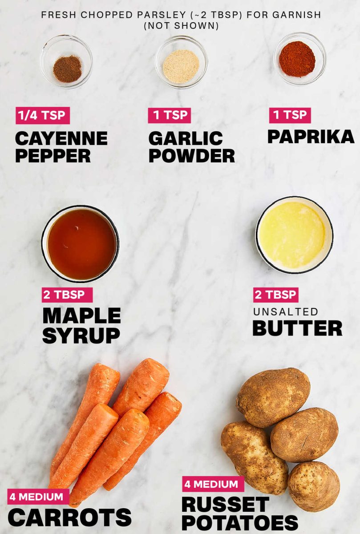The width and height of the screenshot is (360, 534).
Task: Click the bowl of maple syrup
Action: click(x=81, y=244)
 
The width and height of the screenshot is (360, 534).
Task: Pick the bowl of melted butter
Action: click(x=294, y=235)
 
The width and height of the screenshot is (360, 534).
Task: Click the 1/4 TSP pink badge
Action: click(x=43, y=116)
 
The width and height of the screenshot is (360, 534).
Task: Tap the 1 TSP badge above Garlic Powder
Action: click(x=169, y=116)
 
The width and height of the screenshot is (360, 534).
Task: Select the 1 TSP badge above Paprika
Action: click(x=290, y=115)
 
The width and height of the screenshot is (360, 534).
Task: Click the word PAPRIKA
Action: click(x=311, y=137)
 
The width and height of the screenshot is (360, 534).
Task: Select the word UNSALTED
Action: click(x=285, y=311)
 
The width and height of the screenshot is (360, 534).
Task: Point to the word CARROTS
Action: click(x=69, y=517)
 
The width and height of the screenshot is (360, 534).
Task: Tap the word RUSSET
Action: click(x=225, y=505)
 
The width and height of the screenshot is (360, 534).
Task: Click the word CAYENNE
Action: click(x=61, y=138)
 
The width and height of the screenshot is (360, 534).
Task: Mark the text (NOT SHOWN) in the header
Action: click(x=181, y=26)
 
